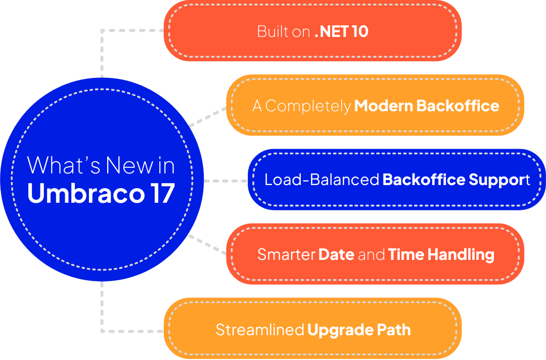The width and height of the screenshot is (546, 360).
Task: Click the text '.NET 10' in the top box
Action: point(341,31)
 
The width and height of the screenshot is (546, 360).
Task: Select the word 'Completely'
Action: point(308,106)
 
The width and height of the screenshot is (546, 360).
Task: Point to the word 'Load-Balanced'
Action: point(322,179)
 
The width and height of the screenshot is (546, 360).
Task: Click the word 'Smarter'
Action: point(286,254)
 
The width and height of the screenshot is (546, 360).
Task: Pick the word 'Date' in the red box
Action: point(336,254)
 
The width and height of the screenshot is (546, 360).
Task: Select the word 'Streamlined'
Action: point(259,330)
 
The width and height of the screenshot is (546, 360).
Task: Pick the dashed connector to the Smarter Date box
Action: point(208,244)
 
